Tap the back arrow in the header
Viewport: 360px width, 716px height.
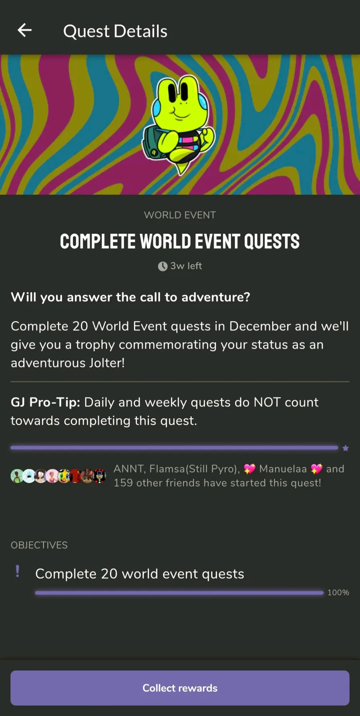point(24,30)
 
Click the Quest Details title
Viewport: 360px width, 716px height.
point(115,31)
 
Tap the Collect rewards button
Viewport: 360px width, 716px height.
point(180,688)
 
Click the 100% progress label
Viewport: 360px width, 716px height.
point(338,592)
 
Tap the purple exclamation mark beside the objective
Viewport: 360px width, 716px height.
point(18,571)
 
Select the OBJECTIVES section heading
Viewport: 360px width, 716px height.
point(39,545)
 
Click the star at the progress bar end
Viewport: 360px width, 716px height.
point(346,448)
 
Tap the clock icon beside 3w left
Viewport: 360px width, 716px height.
point(162,266)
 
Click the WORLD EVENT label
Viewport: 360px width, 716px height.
point(180,215)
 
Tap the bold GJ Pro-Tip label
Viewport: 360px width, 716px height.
point(46,402)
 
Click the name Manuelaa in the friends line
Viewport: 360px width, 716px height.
point(283,469)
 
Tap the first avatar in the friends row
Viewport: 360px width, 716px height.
point(17,476)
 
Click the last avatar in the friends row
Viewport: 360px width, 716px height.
point(100,476)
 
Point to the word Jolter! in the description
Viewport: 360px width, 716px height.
point(107,363)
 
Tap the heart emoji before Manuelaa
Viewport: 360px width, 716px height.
point(250,469)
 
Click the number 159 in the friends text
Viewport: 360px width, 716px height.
point(123,483)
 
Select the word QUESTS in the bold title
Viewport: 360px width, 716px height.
point(272,241)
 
